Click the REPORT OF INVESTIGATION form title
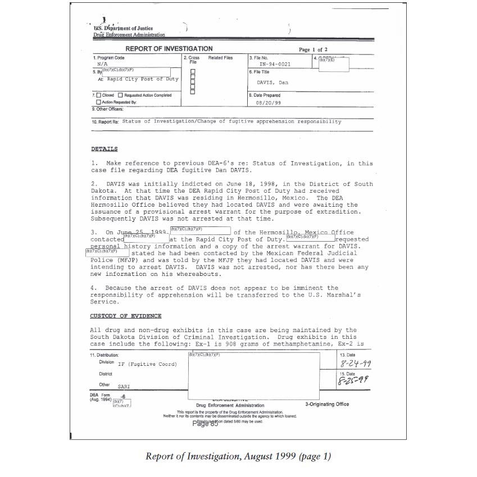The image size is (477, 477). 169,49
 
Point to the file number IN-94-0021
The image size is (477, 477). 275,65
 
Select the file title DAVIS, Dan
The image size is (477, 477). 272,83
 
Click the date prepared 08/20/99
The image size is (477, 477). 268,103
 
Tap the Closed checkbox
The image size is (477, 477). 99,96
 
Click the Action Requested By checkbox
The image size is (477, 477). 99,102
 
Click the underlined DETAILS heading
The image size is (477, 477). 105,149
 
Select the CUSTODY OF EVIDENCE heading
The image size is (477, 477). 126,316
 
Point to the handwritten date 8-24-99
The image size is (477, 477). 355,364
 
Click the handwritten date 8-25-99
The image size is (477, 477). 353,381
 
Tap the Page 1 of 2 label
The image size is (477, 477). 313,49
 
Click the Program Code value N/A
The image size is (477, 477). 102,65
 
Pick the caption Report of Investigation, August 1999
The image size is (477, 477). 238,456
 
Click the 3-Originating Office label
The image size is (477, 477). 327,404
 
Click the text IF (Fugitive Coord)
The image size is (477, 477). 147,364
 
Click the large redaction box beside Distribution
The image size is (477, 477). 254,376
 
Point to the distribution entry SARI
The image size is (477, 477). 124,387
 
